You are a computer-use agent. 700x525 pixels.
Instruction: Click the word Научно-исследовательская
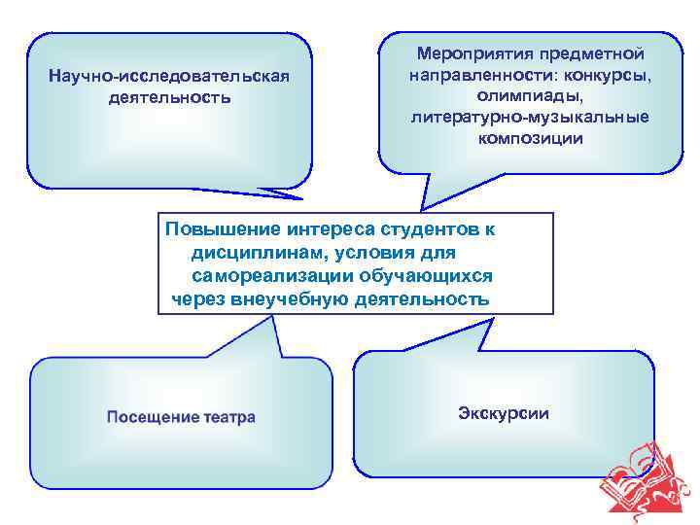tap(170, 77)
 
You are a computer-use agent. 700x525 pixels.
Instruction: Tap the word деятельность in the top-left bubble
tap(170, 97)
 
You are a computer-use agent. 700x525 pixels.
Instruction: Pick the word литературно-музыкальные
tap(530, 117)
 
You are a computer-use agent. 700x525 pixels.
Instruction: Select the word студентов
tap(432, 229)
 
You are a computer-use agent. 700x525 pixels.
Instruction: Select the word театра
tap(229, 417)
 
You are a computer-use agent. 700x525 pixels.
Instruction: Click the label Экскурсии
tap(503, 413)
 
